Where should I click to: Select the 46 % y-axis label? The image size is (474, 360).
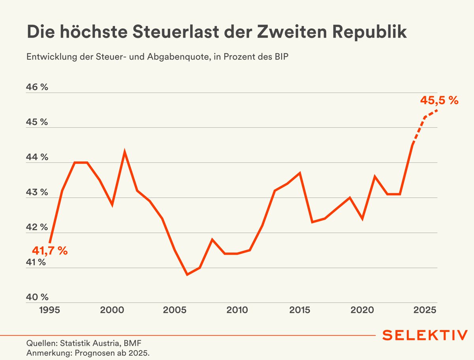pos(37,87)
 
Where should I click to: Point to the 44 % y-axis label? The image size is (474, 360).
pos(37,157)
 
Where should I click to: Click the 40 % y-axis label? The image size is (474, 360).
pos(37,297)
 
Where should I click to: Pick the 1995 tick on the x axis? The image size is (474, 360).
pos(49,309)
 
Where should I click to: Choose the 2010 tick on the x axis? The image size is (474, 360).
pos(237,309)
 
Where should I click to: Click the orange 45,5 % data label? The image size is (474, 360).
pos(439,101)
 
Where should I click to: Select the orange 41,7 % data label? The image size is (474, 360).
pos(50,251)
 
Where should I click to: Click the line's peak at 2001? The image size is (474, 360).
pos(124,152)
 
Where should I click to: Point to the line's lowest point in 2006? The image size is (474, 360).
pos(187,274)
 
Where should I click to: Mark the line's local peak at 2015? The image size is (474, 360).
pos(300,173)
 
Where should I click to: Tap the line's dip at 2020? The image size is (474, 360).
pos(362,219)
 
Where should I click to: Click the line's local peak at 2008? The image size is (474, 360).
pos(212,239)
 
